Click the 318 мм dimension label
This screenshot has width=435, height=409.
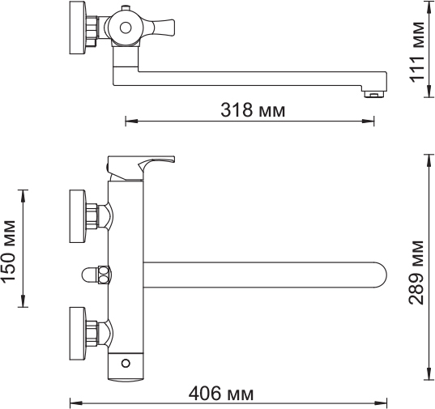(x=252, y=109)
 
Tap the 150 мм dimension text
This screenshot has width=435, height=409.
(x=10, y=250)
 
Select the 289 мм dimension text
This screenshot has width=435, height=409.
(x=416, y=272)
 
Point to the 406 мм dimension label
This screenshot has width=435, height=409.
(x=220, y=394)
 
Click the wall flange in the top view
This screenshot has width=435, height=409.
(x=78, y=29)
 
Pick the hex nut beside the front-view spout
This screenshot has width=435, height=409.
(x=102, y=275)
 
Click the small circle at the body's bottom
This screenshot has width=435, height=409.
(x=125, y=362)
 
